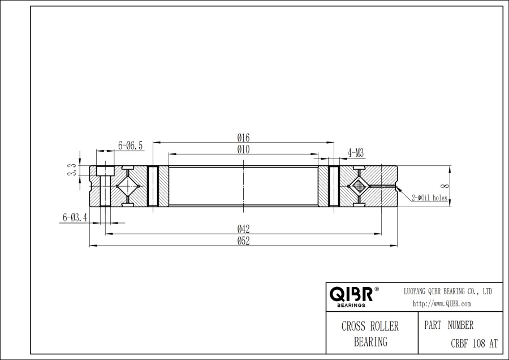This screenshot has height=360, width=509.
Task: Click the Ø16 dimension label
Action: point(244,138)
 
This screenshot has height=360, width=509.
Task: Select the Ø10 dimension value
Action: point(244,149)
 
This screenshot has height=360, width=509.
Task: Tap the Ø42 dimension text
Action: point(244,229)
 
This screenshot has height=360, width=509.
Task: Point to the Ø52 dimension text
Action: point(244,241)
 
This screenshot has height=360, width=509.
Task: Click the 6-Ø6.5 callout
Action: point(130,145)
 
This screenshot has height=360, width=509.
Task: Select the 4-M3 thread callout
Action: point(355,152)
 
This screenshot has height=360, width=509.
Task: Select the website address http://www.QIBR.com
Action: point(442,304)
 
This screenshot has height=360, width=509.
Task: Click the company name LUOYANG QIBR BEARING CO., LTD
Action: point(447,291)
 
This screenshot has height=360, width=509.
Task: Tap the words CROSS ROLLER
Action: point(370,327)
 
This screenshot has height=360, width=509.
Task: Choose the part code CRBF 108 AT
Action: point(474,343)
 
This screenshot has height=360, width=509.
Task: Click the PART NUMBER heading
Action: point(448,325)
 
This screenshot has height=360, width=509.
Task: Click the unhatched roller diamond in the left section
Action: point(128,186)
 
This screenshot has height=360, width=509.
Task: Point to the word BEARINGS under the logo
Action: point(351,305)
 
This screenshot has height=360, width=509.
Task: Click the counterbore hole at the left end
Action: point(103,171)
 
